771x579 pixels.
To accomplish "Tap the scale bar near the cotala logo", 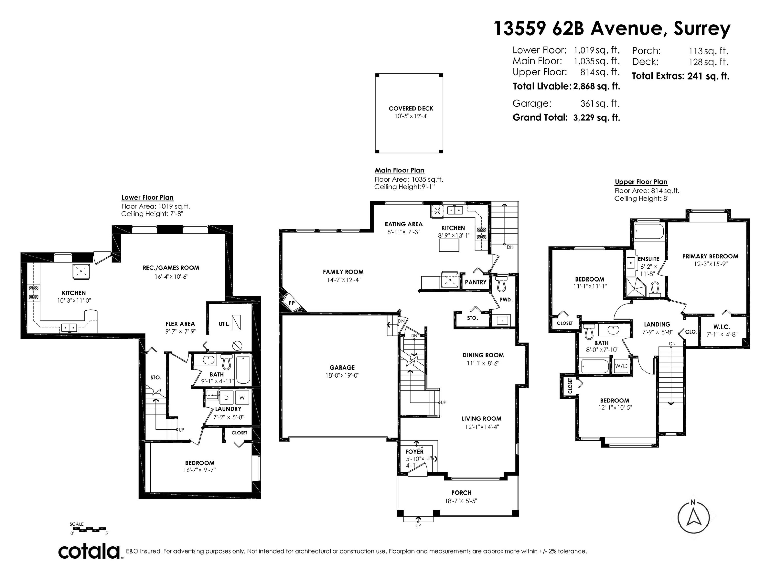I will [x=89, y=529].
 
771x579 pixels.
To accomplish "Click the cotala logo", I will [x=89, y=552].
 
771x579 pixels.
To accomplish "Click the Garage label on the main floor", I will [x=342, y=367].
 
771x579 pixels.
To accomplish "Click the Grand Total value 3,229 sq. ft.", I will [x=596, y=118].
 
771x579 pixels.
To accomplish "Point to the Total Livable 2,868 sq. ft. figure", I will [x=596, y=86].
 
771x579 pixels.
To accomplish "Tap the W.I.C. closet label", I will [x=721, y=327].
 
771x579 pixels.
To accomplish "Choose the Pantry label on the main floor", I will [x=475, y=282].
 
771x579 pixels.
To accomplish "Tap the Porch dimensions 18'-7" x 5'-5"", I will [x=461, y=501].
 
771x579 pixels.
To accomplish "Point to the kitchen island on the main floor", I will [x=448, y=245].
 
